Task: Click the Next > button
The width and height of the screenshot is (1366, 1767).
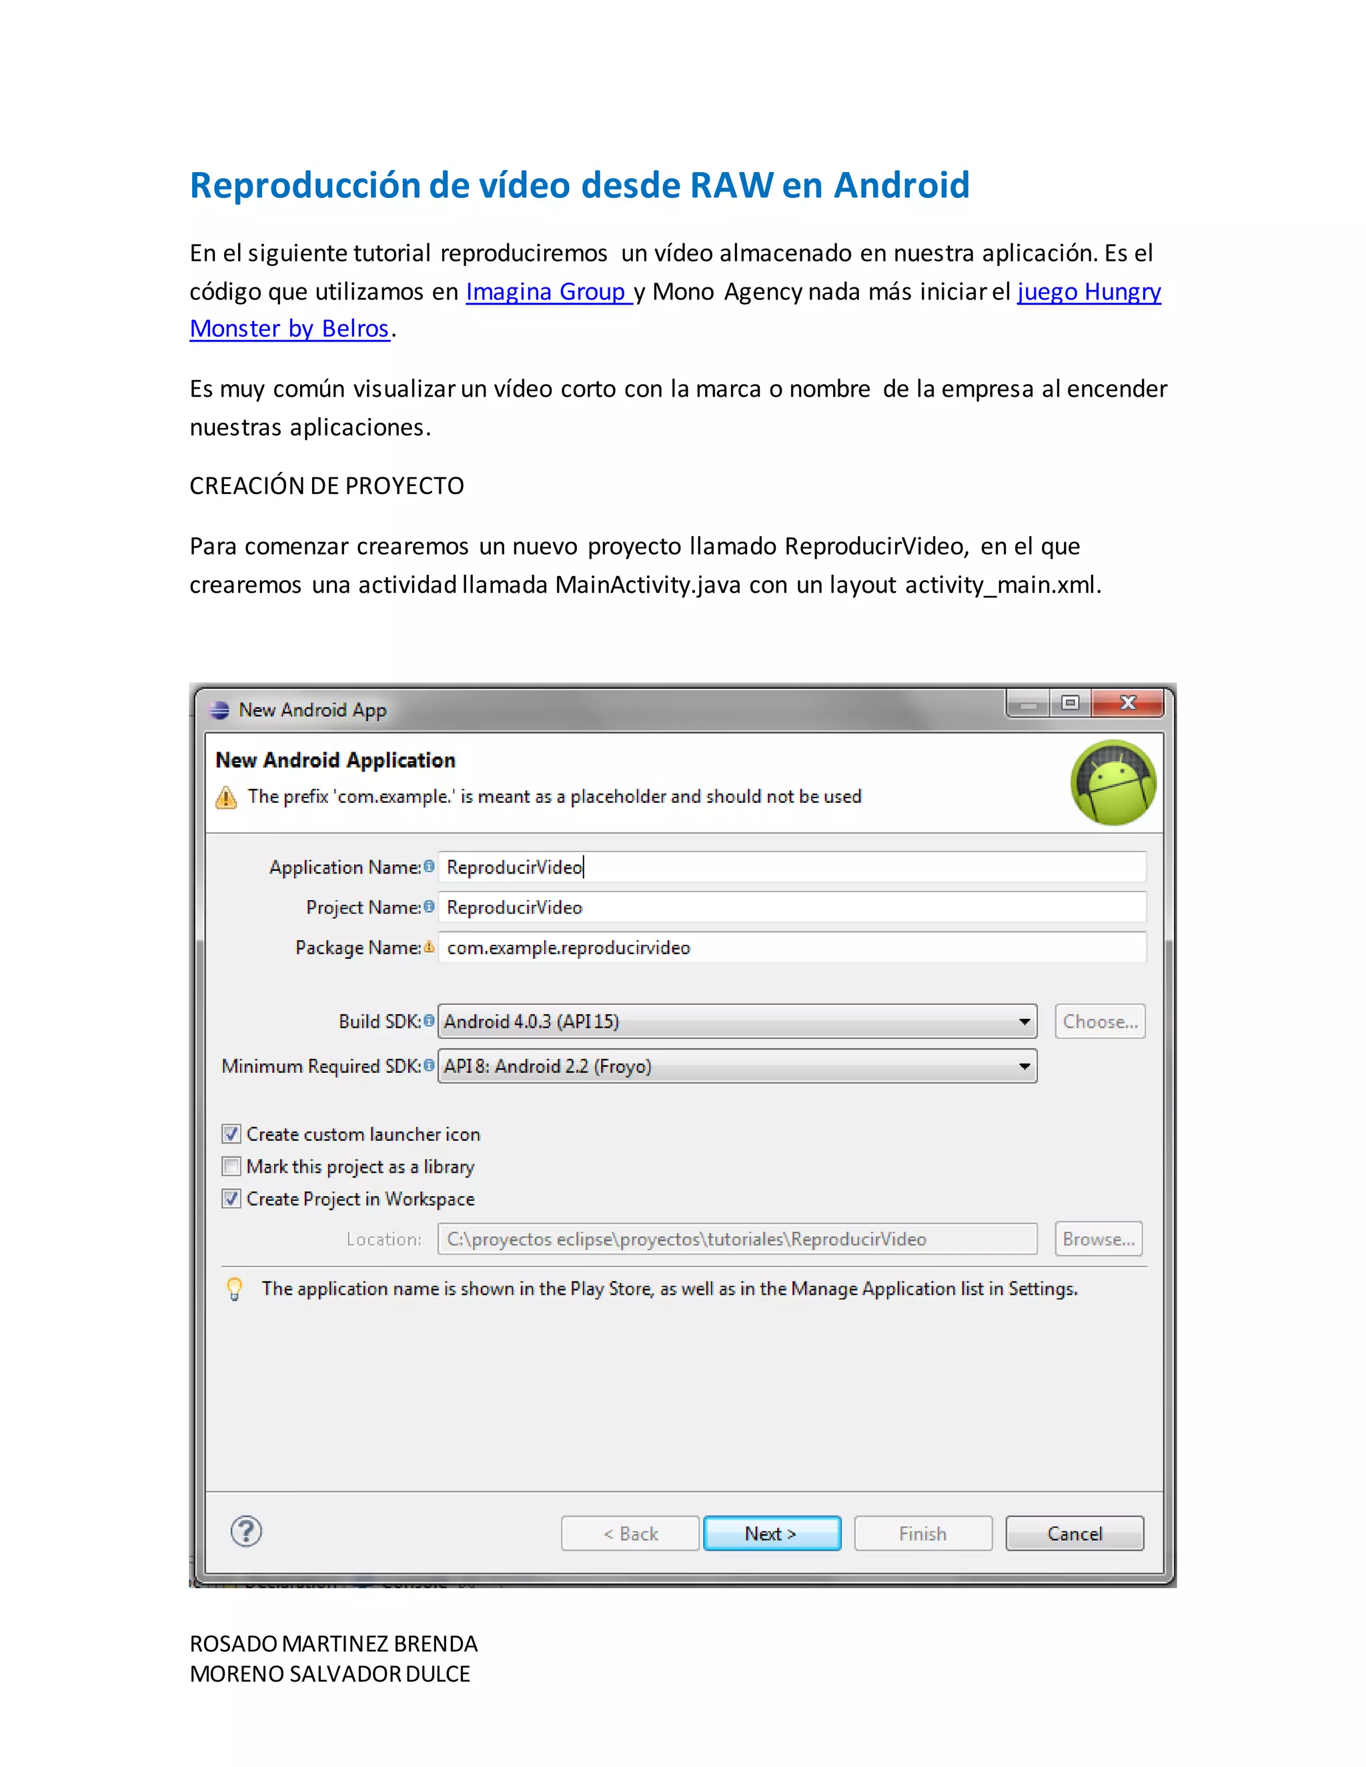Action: tap(771, 1533)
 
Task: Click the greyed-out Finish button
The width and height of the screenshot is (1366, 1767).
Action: tap(922, 1533)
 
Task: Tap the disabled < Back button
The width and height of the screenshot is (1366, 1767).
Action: tap(630, 1533)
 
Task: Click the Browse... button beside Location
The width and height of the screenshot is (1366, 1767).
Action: tap(1098, 1239)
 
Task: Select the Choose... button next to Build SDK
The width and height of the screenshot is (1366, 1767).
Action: tap(1100, 1022)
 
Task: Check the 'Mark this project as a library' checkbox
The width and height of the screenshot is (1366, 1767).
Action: tap(231, 1166)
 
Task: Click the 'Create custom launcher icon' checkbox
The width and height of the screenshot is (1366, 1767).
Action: tap(231, 1134)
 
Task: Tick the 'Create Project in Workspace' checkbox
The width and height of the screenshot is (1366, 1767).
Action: tap(231, 1198)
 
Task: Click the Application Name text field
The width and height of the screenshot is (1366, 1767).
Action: tap(792, 867)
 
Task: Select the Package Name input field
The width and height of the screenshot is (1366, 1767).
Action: tap(792, 948)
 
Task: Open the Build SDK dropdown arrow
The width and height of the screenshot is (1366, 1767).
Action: tap(1024, 1022)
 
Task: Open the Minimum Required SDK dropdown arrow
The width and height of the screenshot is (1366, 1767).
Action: tap(1024, 1066)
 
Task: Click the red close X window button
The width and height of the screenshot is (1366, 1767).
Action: tap(1127, 703)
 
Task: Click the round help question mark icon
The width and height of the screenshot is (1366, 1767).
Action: tap(246, 1531)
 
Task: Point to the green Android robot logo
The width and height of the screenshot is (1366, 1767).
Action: tap(1113, 782)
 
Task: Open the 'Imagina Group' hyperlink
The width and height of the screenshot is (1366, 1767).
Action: tap(546, 291)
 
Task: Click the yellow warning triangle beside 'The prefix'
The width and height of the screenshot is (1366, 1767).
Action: tap(227, 797)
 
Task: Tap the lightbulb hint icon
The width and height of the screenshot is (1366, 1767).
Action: tap(235, 1288)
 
